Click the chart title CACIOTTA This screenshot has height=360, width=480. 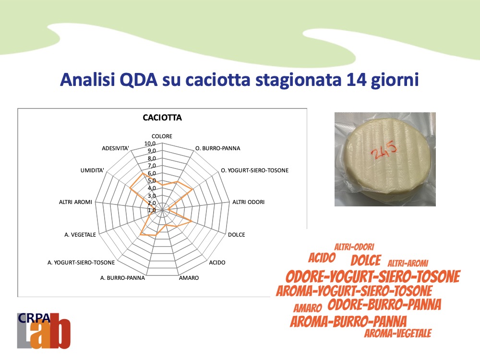162,118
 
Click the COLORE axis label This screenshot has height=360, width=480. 162,136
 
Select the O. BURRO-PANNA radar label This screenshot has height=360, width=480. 217,148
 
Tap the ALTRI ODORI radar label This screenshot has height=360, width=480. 248,202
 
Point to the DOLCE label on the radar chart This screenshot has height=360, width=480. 236,235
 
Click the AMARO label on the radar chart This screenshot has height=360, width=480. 189,278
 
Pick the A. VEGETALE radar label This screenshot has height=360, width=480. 80,235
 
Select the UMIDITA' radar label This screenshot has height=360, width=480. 92,170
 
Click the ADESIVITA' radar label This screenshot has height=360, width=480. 115,148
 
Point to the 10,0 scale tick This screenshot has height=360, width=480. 150,144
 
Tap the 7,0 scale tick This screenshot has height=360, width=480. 152,166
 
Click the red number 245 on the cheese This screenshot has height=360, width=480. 384,150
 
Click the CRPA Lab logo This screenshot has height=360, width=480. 44,331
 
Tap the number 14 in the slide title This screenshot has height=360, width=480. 357,80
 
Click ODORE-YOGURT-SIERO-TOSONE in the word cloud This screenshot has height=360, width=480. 373,276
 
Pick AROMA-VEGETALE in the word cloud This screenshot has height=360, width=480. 397,334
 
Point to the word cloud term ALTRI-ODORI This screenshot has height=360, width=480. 354,247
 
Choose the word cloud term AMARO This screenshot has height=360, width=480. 308,308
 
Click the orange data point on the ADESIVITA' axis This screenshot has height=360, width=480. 143,174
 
